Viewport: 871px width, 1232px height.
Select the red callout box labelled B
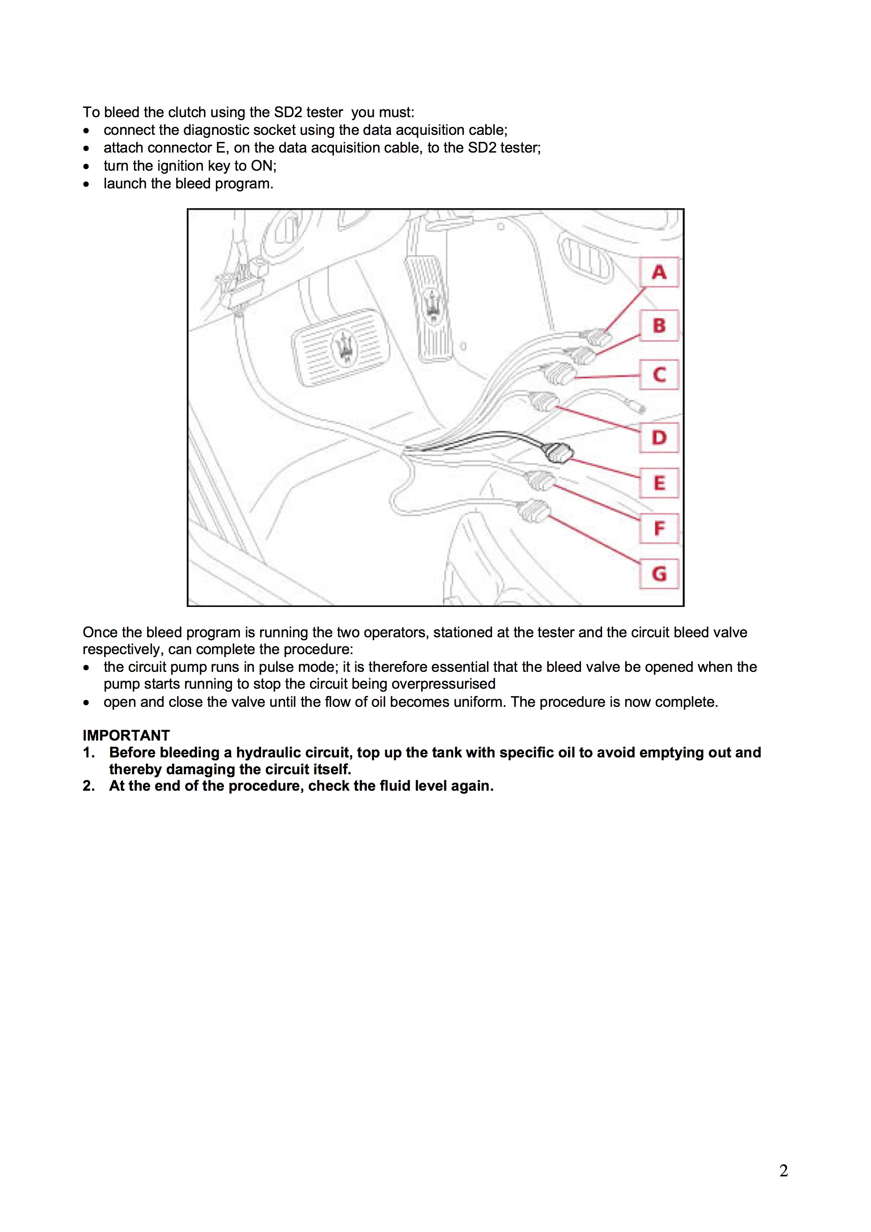pyautogui.click(x=659, y=325)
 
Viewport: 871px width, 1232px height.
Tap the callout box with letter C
pyautogui.click(x=659, y=375)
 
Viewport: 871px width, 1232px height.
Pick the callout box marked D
pyautogui.click(x=659, y=438)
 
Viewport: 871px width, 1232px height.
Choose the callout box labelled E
pyautogui.click(x=659, y=483)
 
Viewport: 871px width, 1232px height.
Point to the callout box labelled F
pyautogui.click(x=659, y=529)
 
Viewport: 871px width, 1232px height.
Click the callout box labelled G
pyautogui.click(x=659, y=574)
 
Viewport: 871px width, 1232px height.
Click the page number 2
pyautogui.click(x=784, y=1170)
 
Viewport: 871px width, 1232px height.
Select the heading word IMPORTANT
pyautogui.click(x=126, y=735)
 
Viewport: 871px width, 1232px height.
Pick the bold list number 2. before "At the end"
pyautogui.click(x=89, y=786)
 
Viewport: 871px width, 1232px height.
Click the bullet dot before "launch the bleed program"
pyautogui.click(x=86, y=184)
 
